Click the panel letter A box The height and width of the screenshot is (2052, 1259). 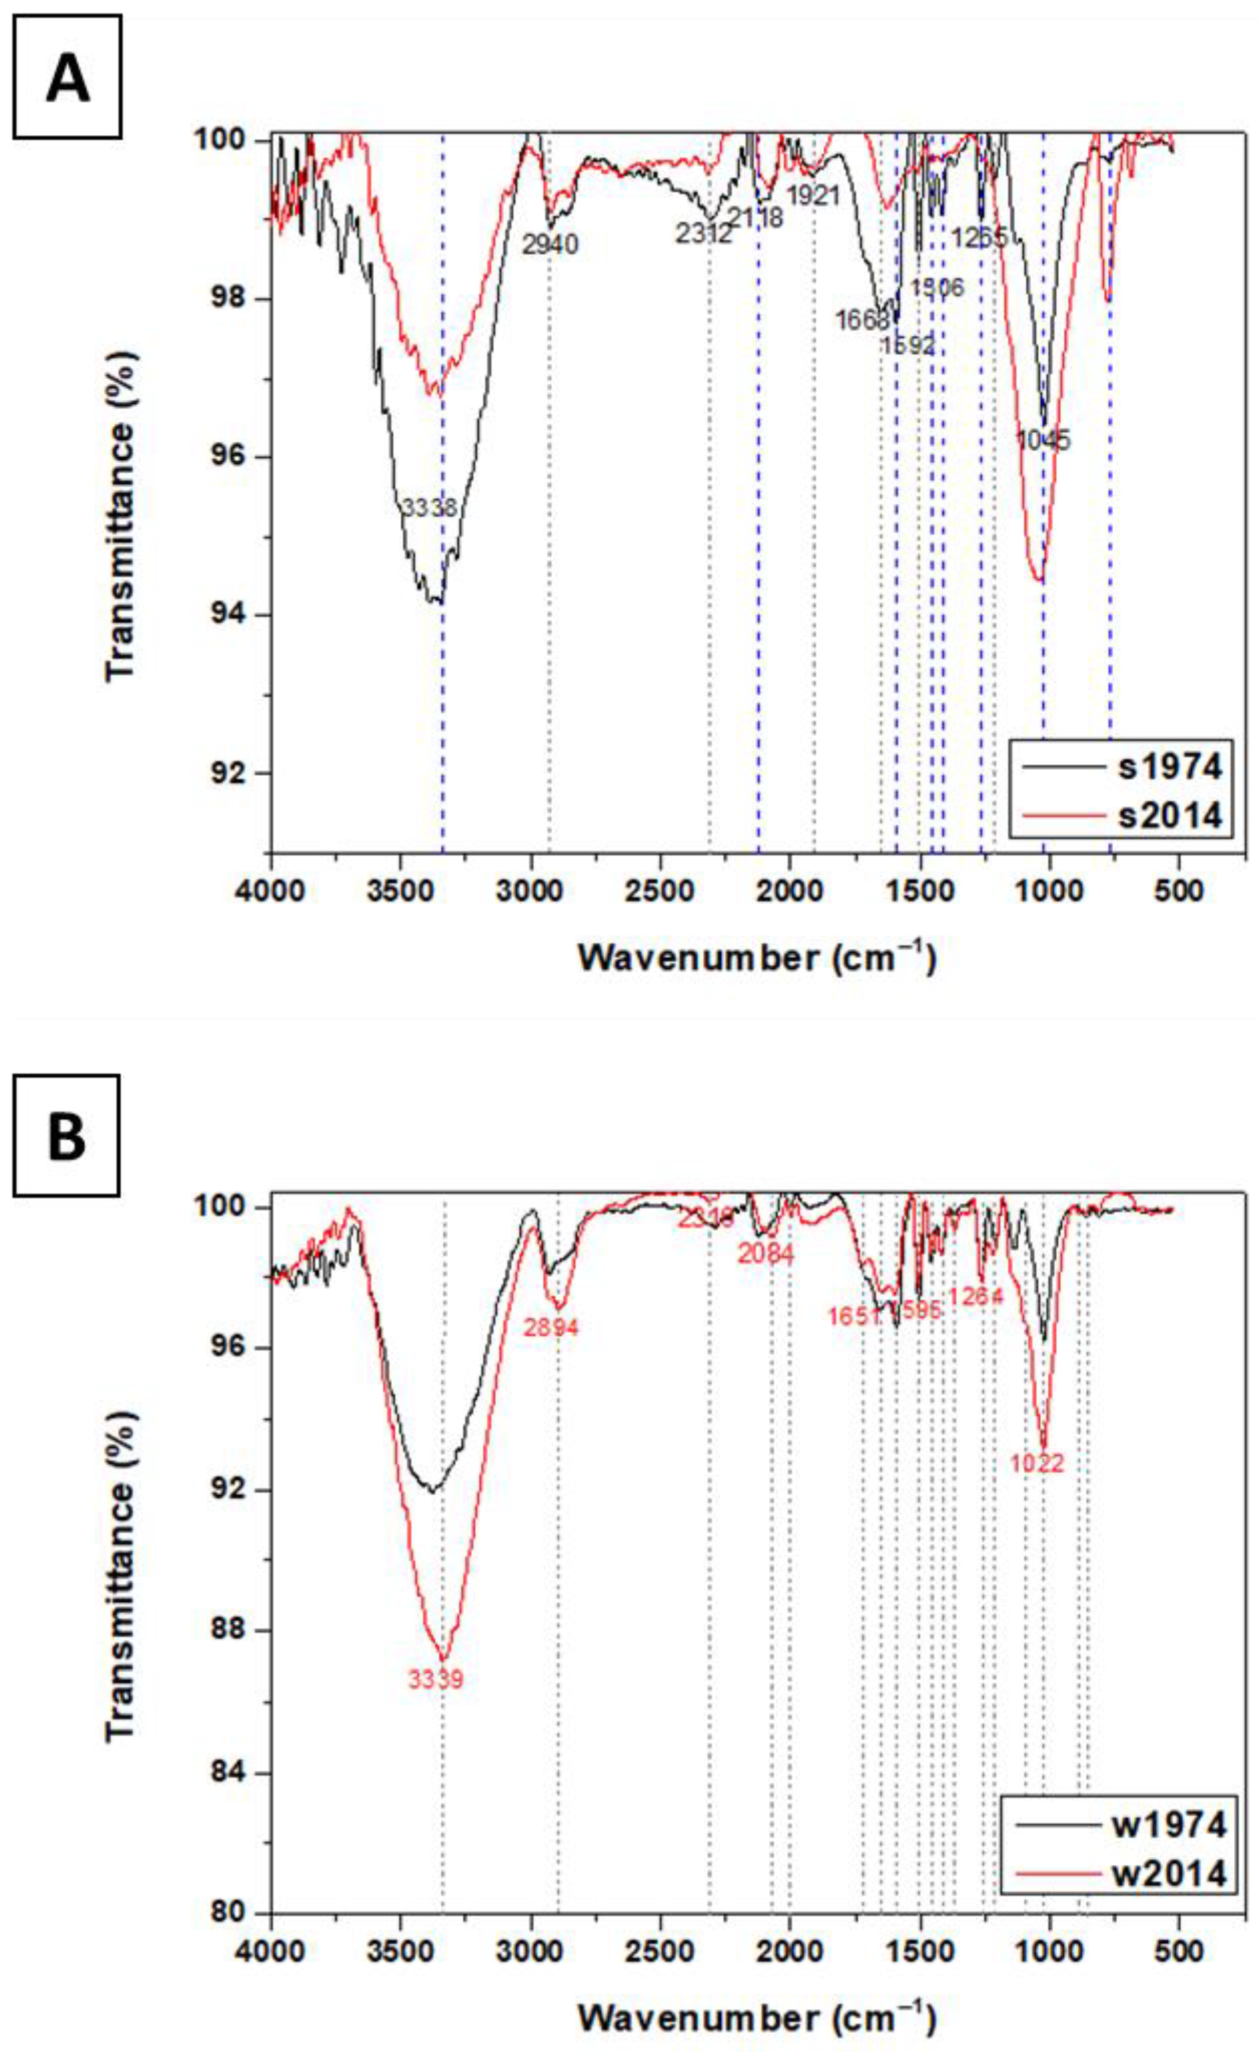click(x=68, y=77)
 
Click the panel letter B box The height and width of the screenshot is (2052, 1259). click(x=67, y=1135)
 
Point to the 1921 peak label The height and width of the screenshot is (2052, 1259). click(x=813, y=196)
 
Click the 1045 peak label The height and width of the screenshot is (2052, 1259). click(x=1043, y=440)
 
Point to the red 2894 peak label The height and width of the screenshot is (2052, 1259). click(x=550, y=1327)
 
